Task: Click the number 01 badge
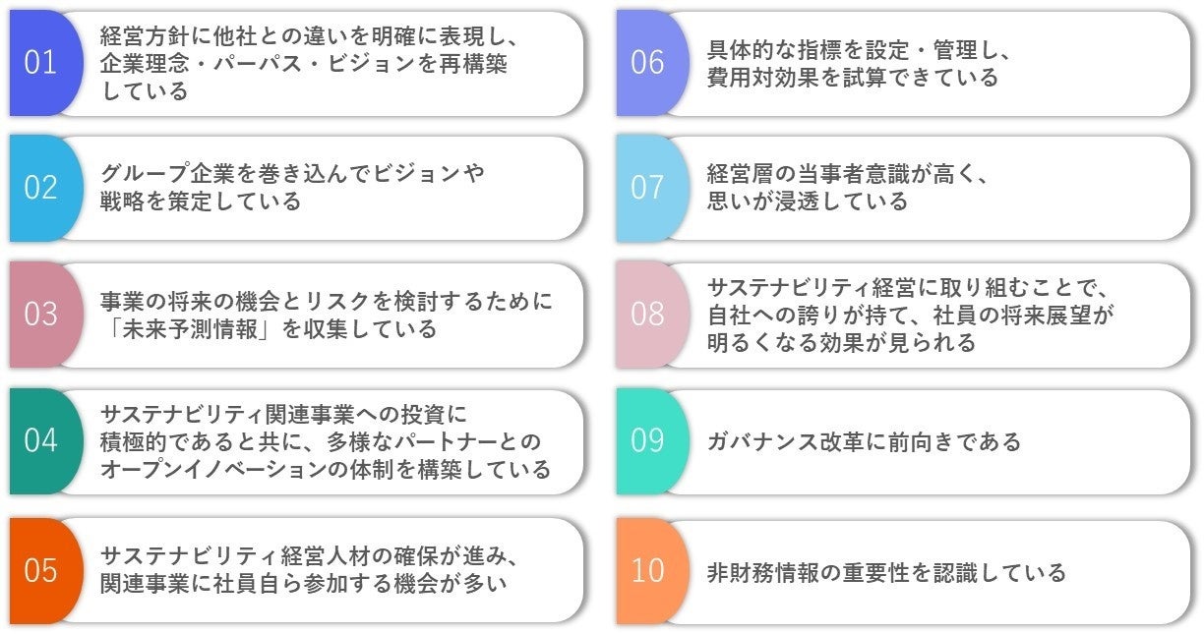pyautogui.click(x=40, y=63)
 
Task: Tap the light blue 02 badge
pyautogui.click(x=40, y=188)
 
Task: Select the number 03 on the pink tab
pyautogui.click(x=40, y=315)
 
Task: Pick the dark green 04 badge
pyautogui.click(x=40, y=440)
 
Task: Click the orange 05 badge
pyautogui.click(x=40, y=570)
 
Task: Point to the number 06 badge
pyautogui.click(x=647, y=63)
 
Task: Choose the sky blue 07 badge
pyautogui.click(x=647, y=188)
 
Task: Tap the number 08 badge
pyautogui.click(x=647, y=315)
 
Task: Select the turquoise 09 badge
pyautogui.click(x=647, y=440)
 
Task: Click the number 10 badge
pyautogui.click(x=647, y=570)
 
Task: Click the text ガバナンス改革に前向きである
pyautogui.click(x=864, y=441)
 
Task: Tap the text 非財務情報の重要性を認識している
pyautogui.click(x=886, y=571)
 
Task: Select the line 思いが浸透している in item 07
pyautogui.click(x=807, y=202)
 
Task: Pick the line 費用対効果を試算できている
pyautogui.click(x=852, y=78)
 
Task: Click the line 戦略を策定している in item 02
pyautogui.click(x=201, y=202)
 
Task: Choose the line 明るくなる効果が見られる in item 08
pyautogui.click(x=841, y=343)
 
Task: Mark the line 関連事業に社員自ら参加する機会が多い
pyautogui.click(x=303, y=584)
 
